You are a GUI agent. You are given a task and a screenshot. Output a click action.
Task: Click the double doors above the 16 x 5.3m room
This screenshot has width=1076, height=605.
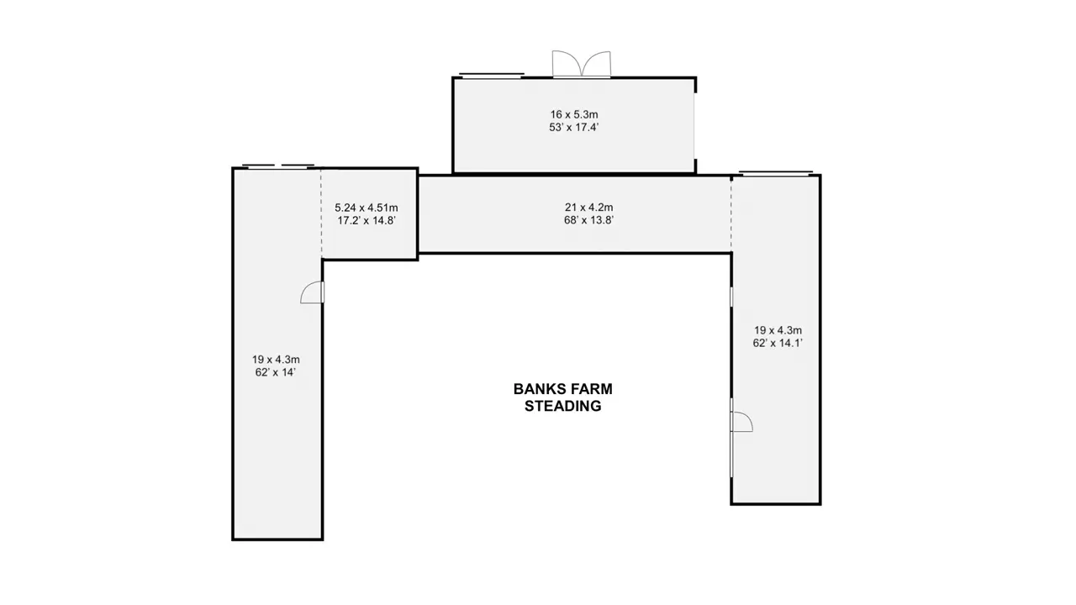(581, 64)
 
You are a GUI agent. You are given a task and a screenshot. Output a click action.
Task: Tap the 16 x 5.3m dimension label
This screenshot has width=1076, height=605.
(574, 114)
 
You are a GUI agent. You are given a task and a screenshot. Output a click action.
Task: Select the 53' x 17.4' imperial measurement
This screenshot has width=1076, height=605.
(574, 127)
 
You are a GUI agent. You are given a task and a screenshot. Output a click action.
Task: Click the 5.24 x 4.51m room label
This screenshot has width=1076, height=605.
(367, 208)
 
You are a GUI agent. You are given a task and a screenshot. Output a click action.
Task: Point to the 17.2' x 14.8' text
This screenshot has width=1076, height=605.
(367, 220)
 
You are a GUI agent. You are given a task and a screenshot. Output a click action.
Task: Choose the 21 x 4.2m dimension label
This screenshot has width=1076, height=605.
(589, 207)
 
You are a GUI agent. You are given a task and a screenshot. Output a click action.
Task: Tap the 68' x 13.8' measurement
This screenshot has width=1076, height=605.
(589, 220)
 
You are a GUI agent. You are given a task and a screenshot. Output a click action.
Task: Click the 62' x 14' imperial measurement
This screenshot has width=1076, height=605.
(275, 372)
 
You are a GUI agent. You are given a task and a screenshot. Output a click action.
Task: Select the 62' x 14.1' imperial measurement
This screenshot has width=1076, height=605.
(778, 343)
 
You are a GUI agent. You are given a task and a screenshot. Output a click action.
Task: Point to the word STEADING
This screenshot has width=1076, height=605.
(563, 406)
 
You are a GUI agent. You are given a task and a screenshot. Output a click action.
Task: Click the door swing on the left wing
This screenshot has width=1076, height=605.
(312, 292)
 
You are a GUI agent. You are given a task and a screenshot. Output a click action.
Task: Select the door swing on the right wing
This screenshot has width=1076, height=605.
(741, 422)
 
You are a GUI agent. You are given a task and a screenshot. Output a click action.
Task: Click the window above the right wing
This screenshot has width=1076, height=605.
(776, 173)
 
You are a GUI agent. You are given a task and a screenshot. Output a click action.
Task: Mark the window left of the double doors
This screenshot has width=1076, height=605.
(491, 75)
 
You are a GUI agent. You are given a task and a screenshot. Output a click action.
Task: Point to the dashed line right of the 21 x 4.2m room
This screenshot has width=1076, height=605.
(731, 214)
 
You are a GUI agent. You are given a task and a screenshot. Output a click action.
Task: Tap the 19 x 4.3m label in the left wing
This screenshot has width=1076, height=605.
(276, 359)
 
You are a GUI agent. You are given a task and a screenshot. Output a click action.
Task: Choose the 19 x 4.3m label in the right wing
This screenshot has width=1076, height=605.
(778, 330)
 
